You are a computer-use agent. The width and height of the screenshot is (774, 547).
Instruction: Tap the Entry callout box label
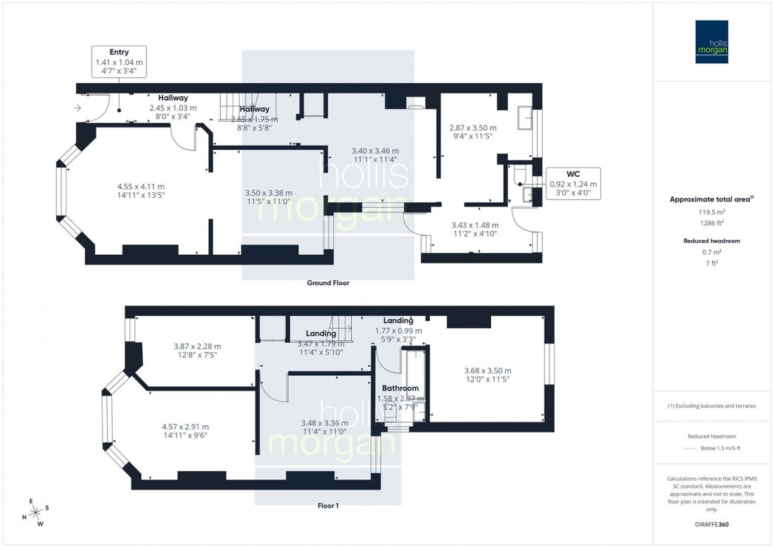(118, 52)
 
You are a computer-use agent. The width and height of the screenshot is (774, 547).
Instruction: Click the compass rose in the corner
(35, 512)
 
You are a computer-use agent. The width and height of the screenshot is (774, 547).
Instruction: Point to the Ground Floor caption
(327, 283)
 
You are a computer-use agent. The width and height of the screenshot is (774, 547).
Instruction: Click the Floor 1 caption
(327, 505)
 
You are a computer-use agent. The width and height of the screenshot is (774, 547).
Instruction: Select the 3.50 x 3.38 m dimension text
(268, 193)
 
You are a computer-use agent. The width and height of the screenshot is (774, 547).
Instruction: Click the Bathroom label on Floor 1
(400, 388)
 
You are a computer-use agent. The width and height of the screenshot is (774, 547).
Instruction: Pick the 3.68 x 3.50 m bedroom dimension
(487, 371)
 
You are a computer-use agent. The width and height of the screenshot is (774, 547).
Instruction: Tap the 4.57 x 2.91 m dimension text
(184, 427)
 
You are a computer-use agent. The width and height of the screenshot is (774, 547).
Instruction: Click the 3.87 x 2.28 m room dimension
(197, 346)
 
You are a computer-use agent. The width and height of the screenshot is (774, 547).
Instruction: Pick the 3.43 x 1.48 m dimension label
(475, 225)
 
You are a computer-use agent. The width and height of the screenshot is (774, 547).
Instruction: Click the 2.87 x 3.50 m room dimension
(473, 128)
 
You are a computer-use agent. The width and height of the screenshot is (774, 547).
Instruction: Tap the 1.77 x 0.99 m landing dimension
(398, 330)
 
